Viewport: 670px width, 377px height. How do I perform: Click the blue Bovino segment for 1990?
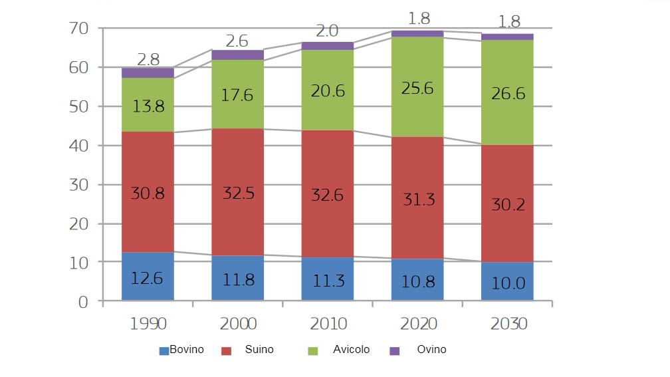tap(148, 277)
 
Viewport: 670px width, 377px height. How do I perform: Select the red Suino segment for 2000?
tap(237, 193)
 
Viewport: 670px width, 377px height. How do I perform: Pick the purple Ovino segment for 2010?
tap(328, 46)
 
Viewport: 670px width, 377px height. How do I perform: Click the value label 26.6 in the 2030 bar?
tap(507, 94)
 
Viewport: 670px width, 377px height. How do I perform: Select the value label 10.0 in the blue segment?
tap(507, 283)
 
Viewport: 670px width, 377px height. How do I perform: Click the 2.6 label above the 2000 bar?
tap(237, 41)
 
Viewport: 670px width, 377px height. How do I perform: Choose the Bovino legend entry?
tap(181, 350)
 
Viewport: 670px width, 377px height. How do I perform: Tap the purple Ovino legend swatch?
tap(394, 350)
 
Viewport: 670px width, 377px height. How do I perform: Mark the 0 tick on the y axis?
tap(83, 302)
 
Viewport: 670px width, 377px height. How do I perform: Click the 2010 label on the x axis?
tap(328, 324)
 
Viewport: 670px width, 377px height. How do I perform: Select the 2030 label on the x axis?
tap(508, 324)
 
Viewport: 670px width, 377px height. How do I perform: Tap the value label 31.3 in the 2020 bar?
tap(417, 198)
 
